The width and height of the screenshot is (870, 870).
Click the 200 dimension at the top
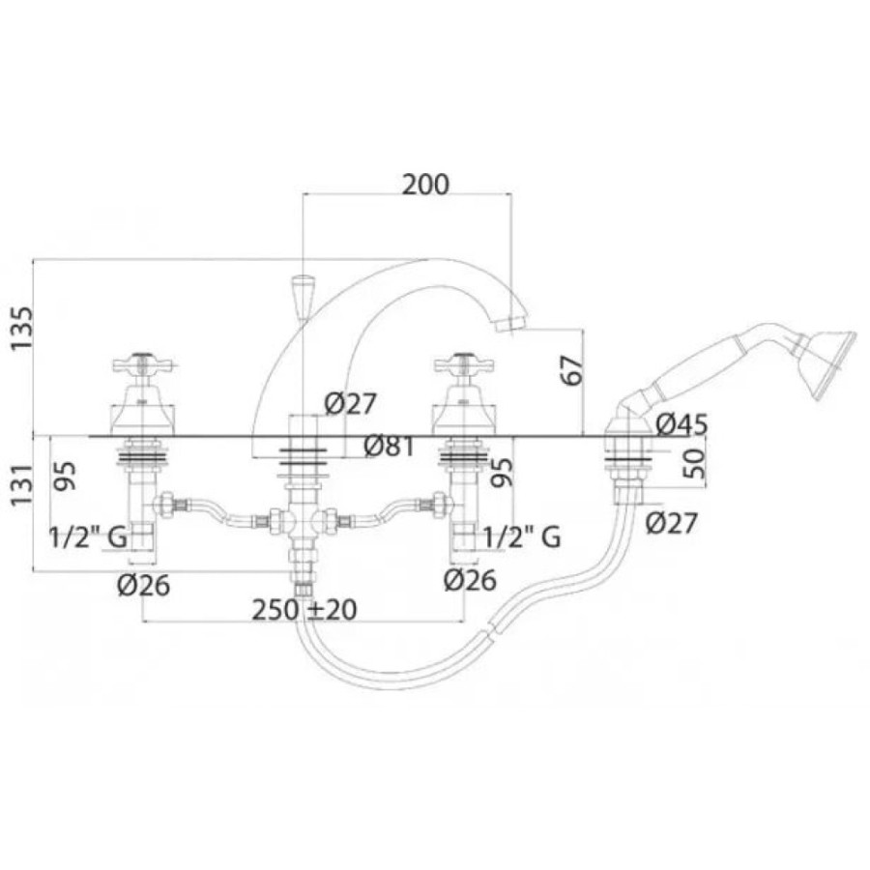coord(425,185)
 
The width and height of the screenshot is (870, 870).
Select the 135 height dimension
coord(23,328)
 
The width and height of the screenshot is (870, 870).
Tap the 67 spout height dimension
coord(572,370)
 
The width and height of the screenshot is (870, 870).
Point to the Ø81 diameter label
coord(390,446)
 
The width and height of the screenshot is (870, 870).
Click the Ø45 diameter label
coord(681,425)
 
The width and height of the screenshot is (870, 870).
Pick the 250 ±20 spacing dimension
coord(304,610)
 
